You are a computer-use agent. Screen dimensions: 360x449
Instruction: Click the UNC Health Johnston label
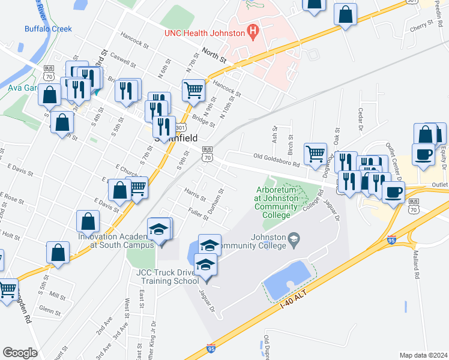(x=205, y=32)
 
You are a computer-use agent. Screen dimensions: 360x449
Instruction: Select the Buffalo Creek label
(x=48, y=29)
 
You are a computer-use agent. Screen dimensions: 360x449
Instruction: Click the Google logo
(x=20, y=353)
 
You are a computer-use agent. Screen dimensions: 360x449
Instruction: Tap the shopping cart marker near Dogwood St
(x=315, y=154)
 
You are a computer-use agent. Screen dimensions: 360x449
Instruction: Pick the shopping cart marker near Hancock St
(x=194, y=90)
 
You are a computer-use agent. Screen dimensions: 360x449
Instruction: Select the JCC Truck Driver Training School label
(x=167, y=276)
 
